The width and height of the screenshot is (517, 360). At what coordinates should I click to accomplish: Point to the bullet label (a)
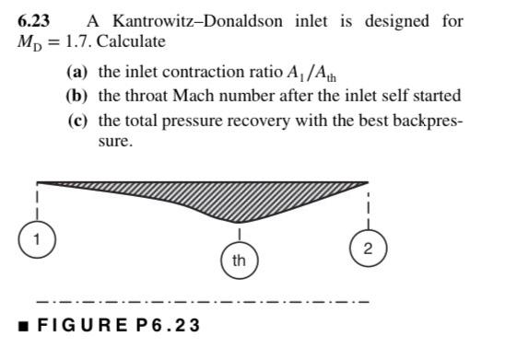[77, 72]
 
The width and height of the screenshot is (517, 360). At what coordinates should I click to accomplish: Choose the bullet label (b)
[77, 96]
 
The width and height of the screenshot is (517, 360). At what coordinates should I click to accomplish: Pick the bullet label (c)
[77, 121]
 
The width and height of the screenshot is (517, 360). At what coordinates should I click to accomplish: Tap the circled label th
[239, 260]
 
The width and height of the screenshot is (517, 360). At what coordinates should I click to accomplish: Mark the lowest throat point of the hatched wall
[239, 220]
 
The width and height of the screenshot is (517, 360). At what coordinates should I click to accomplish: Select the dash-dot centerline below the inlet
[202, 301]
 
